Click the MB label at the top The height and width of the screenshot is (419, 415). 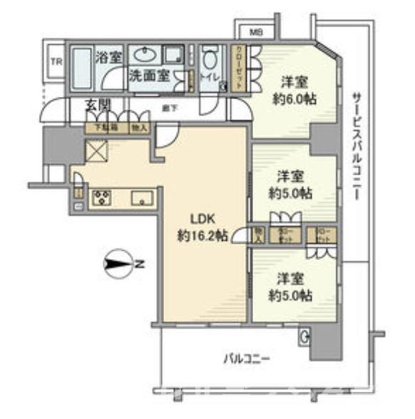(254, 31)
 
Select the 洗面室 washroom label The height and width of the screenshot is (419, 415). (148, 74)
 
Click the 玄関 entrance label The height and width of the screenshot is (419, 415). (98, 105)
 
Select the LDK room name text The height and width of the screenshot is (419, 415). (201, 219)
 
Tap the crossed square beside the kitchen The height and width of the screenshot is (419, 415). (95, 150)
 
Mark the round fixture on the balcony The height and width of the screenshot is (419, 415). (305, 336)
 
